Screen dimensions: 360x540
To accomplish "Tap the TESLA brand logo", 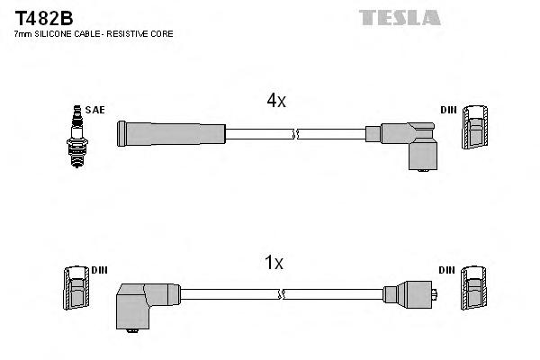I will pos(400,17).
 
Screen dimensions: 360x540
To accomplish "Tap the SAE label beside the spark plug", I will pos(95,110).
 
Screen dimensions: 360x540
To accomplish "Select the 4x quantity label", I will pos(275,102).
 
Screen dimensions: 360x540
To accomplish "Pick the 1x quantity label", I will pos(274,263).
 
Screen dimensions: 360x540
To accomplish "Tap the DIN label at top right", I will pos(448,110).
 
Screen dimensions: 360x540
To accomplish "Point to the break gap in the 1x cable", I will pos(283,293).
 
